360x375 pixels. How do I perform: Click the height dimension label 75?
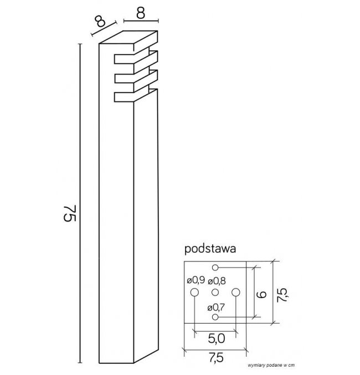click(x=70, y=213)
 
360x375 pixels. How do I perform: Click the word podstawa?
click(x=210, y=249)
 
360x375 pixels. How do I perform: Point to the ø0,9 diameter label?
click(x=196, y=280)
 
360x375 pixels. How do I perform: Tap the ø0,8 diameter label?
click(x=217, y=281)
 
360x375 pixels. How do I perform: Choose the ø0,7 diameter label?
click(x=216, y=307)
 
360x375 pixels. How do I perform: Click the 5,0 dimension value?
click(x=216, y=338)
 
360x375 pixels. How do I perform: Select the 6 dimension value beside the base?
click(x=261, y=294)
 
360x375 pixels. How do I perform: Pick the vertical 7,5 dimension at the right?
click(x=282, y=295)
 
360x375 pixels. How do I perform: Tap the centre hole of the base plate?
click(x=215, y=292)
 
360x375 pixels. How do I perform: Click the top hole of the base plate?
click(x=215, y=268)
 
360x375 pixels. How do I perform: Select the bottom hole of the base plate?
click(x=215, y=317)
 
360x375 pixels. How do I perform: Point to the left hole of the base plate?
click(x=194, y=292)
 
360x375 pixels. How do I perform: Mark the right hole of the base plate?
click(x=235, y=292)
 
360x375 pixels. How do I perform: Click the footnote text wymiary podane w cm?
click(x=271, y=365)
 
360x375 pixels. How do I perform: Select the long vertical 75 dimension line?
click(x=80, y=203)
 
